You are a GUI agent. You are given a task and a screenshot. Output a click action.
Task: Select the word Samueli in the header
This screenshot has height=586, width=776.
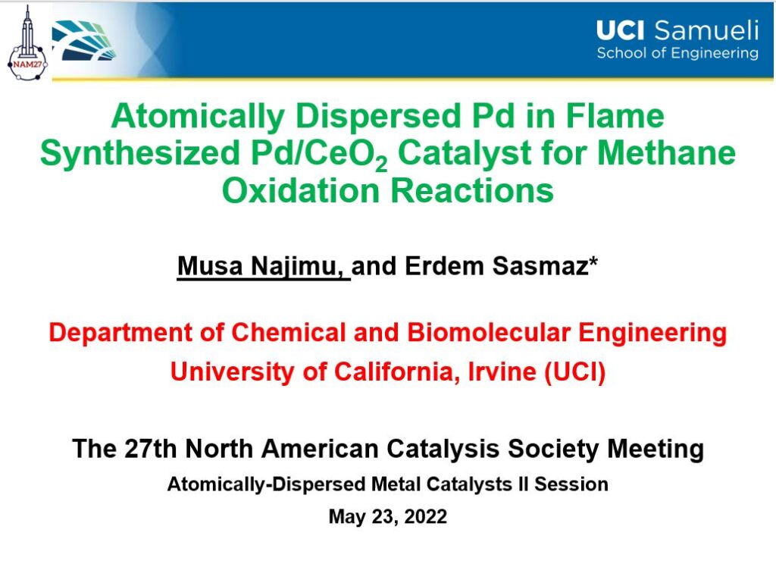pyautogui.click(x=707, y=30)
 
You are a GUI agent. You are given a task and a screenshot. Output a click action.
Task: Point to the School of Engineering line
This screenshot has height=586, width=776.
pyautogui.click(x=677, y=54)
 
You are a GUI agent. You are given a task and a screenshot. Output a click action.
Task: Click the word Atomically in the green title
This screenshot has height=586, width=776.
pyautogui.click(x=198, y=117)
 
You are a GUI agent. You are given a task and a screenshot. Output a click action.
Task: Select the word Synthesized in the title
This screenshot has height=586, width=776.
pyautogui.click(x=140, y=153)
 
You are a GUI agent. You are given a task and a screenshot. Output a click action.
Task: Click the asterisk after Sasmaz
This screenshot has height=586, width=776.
pyautogui.click(x=593, y=260)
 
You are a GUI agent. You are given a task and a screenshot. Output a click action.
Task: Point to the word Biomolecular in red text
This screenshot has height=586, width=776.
pyautogui.click(x=489, y=333)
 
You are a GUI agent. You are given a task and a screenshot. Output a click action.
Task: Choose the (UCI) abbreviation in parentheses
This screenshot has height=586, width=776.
pyautogui.click(x=575, y=372)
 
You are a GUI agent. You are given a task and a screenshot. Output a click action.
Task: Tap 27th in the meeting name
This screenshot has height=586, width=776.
pyautogui.click(x=150, y=449)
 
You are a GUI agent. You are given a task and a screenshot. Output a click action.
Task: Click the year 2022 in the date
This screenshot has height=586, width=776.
pyautogui.click(x=426, y=517)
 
